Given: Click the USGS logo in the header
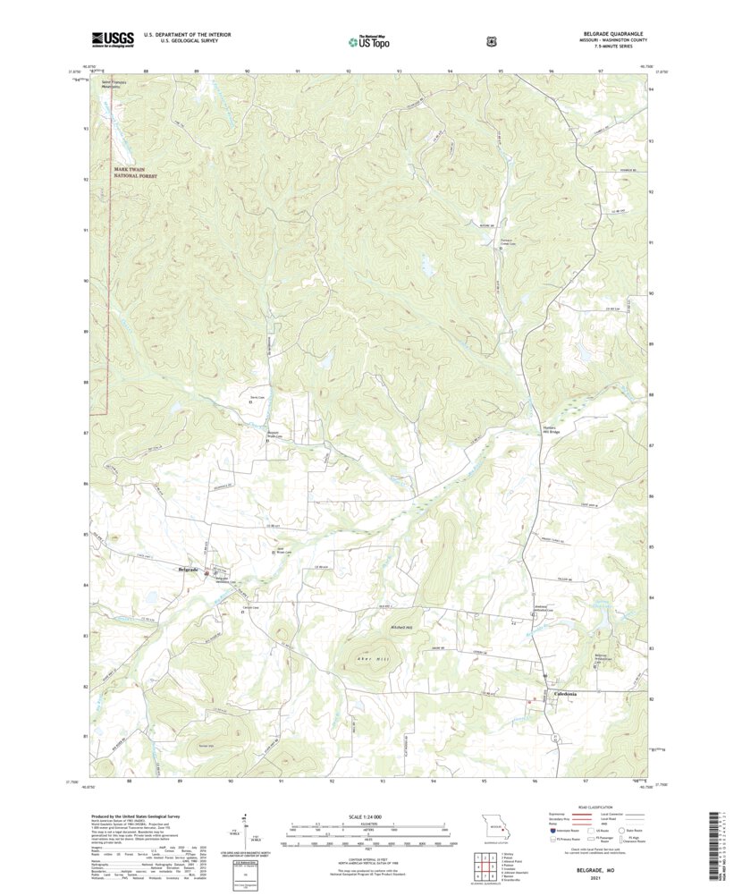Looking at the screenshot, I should coord(111,38).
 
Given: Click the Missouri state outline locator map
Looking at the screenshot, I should coord(490,824).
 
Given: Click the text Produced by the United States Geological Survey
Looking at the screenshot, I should coord(138,816).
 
